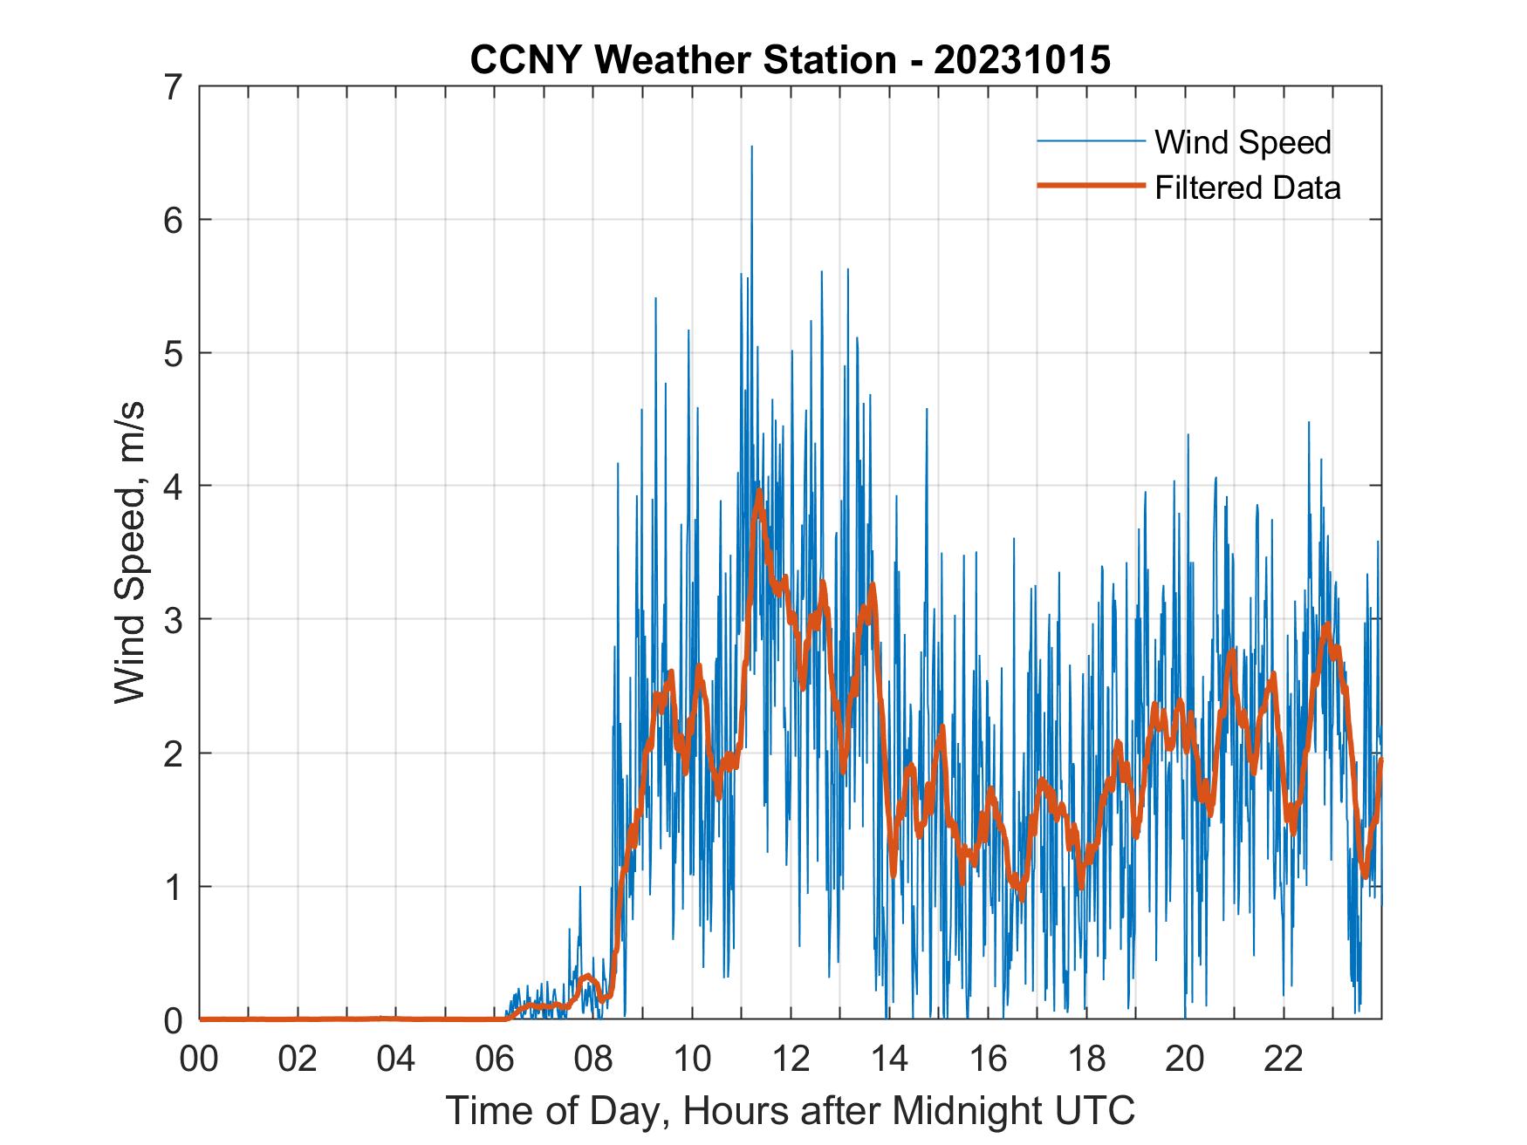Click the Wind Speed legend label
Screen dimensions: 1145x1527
click(1243, 142)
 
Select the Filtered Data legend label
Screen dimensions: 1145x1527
click(1247, 187)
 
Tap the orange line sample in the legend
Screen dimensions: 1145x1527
click(1090, 186)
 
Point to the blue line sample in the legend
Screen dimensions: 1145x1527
click(1090, 141)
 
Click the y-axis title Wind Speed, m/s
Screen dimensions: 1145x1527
click(129, 552)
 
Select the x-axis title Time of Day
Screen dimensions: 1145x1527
click(791, 1111)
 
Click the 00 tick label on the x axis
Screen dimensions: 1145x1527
click(199, 1059)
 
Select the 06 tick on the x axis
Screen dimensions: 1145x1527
click(495, 1059)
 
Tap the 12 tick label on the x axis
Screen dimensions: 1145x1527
click(791, 1059)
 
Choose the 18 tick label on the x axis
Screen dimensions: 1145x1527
click(1086, 1059)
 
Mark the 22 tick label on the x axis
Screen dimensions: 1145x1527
click(1284, 1059)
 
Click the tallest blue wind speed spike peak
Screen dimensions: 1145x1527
click(751, 147)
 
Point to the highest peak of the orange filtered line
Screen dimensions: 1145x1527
click(759, 491)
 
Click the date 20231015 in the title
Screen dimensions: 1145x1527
click(1022, 60)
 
